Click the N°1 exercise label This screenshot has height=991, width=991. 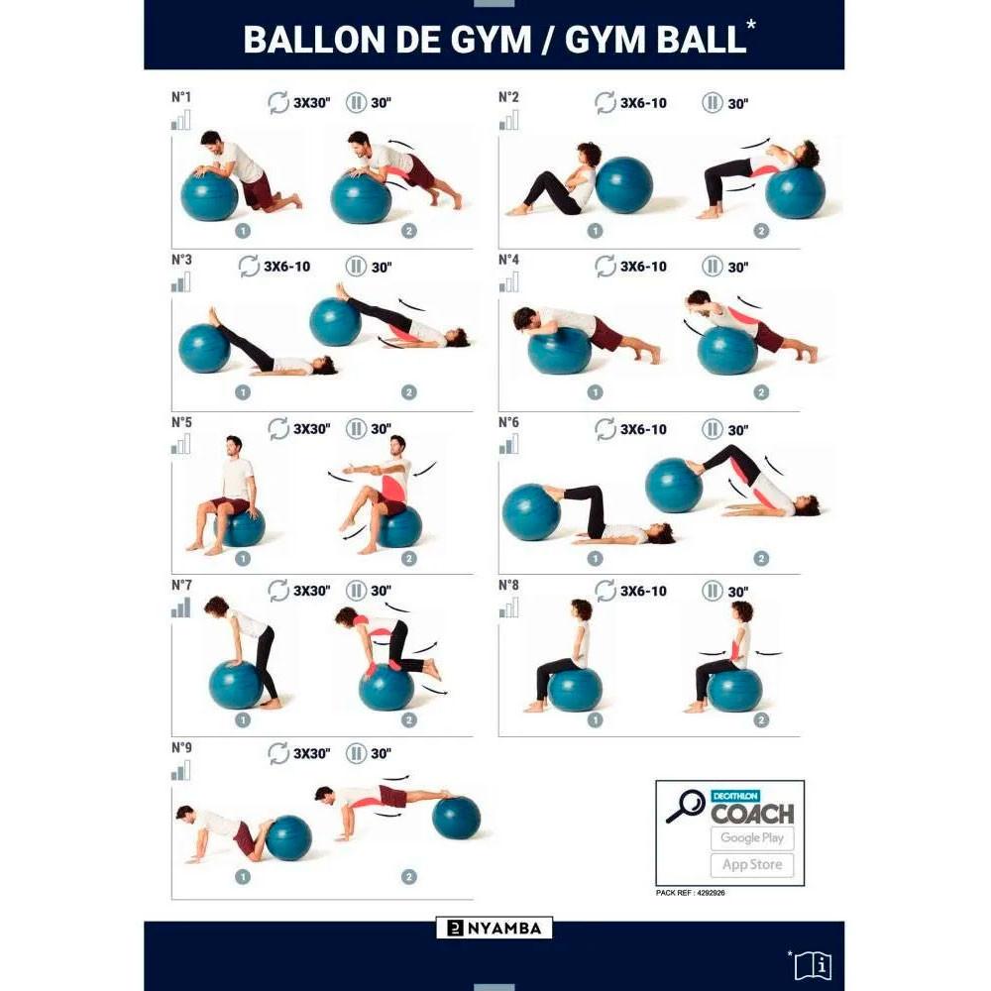[181, 97]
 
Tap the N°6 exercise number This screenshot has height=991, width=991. [508, 422]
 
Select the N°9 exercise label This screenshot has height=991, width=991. [181, 747]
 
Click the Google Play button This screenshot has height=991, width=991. [751, 837]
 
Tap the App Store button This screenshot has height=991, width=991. [751, 864]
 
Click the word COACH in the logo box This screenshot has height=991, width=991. [752, 814]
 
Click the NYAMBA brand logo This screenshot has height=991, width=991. [495, 929]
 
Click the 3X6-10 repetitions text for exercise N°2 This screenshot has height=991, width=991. [643, 103]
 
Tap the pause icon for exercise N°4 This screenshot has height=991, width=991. [712, 267]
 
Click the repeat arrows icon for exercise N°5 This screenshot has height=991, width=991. [279, 429]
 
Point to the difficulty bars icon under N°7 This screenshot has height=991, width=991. [180, 607]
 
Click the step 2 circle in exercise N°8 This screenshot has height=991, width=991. [761, 720]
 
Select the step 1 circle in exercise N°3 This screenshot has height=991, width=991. [243, 391]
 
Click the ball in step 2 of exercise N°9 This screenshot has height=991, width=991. [457, 818]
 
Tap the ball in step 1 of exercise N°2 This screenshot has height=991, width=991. [624, 185]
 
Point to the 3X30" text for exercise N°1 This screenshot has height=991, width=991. [311, 103]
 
